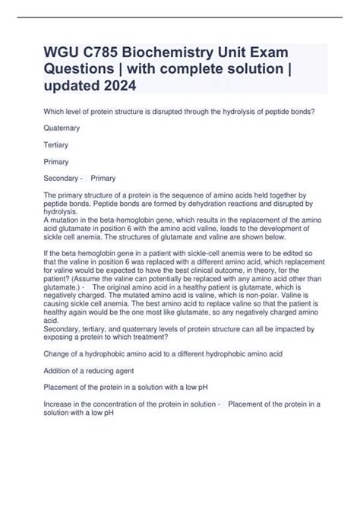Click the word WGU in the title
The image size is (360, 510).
coord(64,54)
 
